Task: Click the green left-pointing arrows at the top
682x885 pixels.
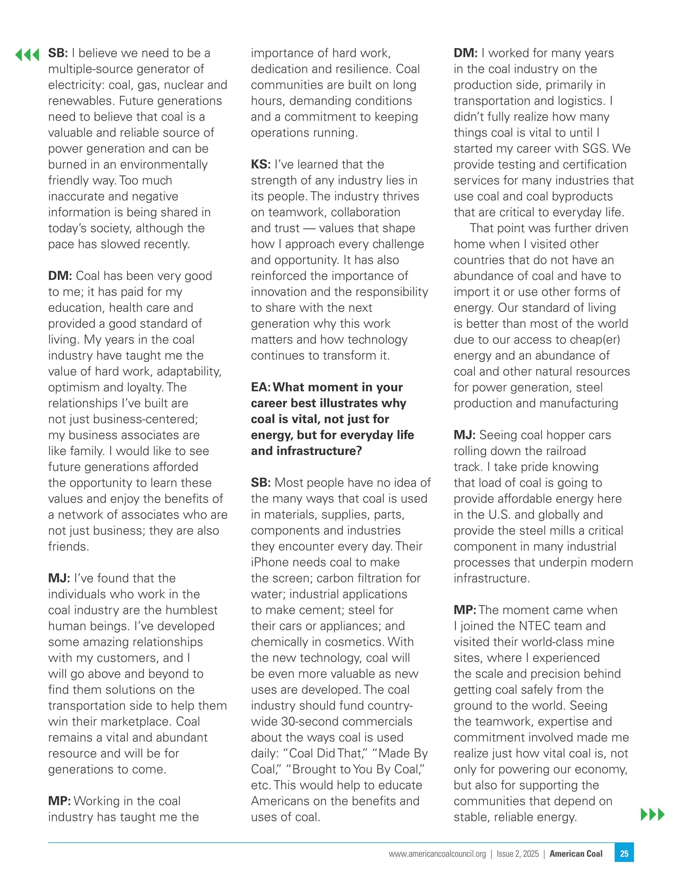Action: tap(27, 54)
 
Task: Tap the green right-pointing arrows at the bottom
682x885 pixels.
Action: tap(652, 814)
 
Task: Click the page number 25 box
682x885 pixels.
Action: tap(624, 854)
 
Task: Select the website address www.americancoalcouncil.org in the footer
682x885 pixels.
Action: tap(437, 854)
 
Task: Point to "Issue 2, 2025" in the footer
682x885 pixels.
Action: tap(518, 854)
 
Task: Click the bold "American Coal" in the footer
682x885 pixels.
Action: tap(576, 854)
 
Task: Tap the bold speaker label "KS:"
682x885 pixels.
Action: tap(261, 164)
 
